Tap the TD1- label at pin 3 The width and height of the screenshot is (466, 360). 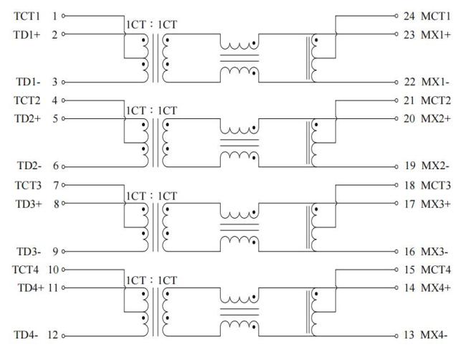(x=25, y=82)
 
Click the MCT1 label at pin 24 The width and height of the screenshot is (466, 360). (x=435, y=15)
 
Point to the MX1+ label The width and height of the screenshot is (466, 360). (x=435, y=34)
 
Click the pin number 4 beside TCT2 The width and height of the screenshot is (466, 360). (x=54, y=100)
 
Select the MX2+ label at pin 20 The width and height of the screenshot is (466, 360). (x=435, y=118)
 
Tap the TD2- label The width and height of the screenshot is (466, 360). (x=25, y=166)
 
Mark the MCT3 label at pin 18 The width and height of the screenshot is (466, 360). (x=435, y=185)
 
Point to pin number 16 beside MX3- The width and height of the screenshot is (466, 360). (x=409, y=252)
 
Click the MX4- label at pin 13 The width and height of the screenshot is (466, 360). (x=434, y=336)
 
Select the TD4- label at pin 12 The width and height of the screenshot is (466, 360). (x=25, y=336)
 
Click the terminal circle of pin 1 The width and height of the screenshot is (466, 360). (x=65, y=15)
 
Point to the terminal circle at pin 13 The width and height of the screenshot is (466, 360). (x=395, y=336)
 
